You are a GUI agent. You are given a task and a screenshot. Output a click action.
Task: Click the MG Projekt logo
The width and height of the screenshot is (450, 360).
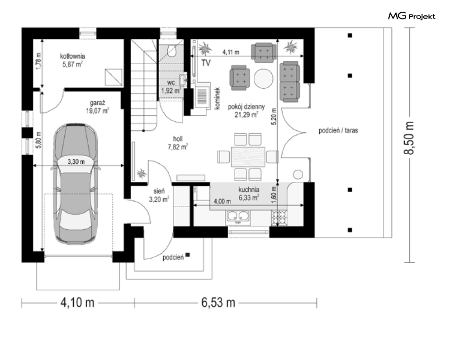point(412,16)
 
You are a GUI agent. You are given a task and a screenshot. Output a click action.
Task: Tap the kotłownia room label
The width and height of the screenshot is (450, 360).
point(73,56)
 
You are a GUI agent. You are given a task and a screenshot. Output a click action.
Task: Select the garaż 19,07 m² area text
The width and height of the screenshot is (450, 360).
point(98,107)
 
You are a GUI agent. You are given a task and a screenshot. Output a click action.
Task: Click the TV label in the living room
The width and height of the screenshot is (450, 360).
point(206,63)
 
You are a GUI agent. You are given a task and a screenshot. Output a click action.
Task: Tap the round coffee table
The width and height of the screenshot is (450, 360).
point(264,79)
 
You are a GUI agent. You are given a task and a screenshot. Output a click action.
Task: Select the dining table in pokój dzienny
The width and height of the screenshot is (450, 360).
point(248,157)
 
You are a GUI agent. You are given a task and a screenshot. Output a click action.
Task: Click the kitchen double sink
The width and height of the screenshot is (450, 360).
point(238,218)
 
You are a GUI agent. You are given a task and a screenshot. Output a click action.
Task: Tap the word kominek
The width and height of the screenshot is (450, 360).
point(217,99)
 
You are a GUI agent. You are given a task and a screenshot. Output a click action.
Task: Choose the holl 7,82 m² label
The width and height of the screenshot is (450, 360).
point(178,143)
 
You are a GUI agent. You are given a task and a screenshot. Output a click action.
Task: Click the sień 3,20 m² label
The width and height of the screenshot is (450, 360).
point(159,195)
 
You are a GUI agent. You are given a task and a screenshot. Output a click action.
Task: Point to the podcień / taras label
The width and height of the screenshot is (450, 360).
point(338,130)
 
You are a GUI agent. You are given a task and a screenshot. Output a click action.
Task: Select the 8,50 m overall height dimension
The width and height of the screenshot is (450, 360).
point(409,138)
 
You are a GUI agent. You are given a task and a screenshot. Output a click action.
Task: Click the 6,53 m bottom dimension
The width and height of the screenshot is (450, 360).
point(218,303)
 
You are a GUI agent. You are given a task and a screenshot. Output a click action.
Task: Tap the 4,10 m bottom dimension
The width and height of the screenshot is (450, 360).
point(77,303)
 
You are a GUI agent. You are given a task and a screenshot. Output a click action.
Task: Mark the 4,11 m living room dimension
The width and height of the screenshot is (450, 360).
point(231,52)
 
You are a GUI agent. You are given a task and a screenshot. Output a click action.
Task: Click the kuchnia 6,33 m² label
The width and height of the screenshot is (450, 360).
point(249,194)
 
